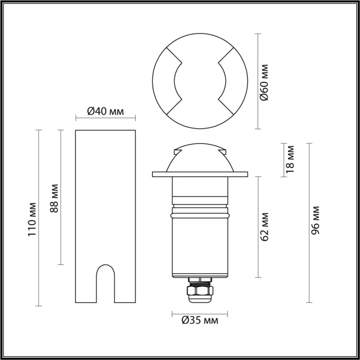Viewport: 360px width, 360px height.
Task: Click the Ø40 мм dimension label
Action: pos(105,111)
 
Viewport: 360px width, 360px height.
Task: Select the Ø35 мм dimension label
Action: pos(200,321)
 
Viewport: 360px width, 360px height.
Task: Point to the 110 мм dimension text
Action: pos(32,217)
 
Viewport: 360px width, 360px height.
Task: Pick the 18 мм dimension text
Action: pos(290,159)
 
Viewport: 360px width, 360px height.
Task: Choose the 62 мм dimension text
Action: pos(265,226)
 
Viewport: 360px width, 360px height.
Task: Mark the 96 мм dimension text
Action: pos(315,221)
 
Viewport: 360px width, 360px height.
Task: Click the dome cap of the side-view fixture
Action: pos(200,154)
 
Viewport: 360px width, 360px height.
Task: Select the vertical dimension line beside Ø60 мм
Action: pos(258,81)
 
